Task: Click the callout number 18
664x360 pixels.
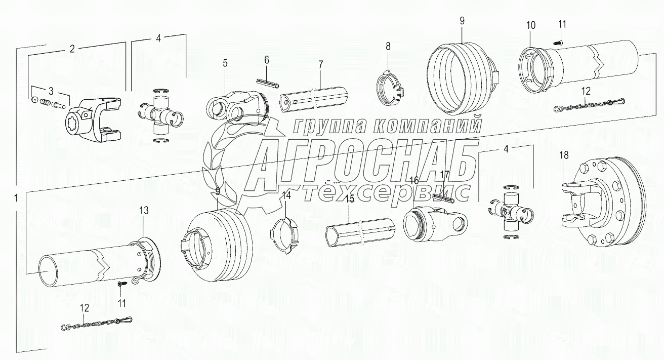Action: click(564, 155)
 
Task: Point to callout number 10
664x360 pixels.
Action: click(529, 25)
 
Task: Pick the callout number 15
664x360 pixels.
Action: click(349, 199)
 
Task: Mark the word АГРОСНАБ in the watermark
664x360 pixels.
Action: click(364, 162)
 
